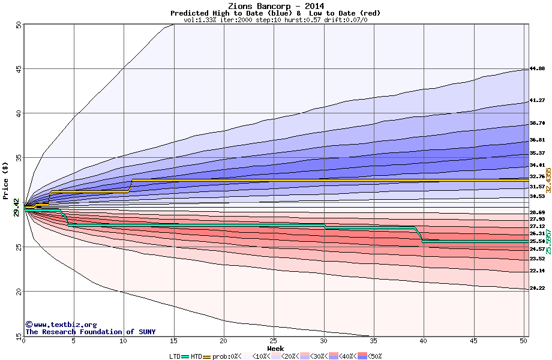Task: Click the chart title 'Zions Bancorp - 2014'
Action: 275,6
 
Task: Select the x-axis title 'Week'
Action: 275,349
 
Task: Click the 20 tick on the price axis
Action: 18,292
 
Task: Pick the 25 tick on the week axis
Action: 274,341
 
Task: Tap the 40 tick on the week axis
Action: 424,341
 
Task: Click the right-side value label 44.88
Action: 537,69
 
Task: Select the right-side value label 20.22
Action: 537,289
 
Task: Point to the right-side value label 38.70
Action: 537,123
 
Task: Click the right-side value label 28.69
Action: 537,212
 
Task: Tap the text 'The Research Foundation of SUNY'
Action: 90,332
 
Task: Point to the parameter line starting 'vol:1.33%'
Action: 275,20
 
